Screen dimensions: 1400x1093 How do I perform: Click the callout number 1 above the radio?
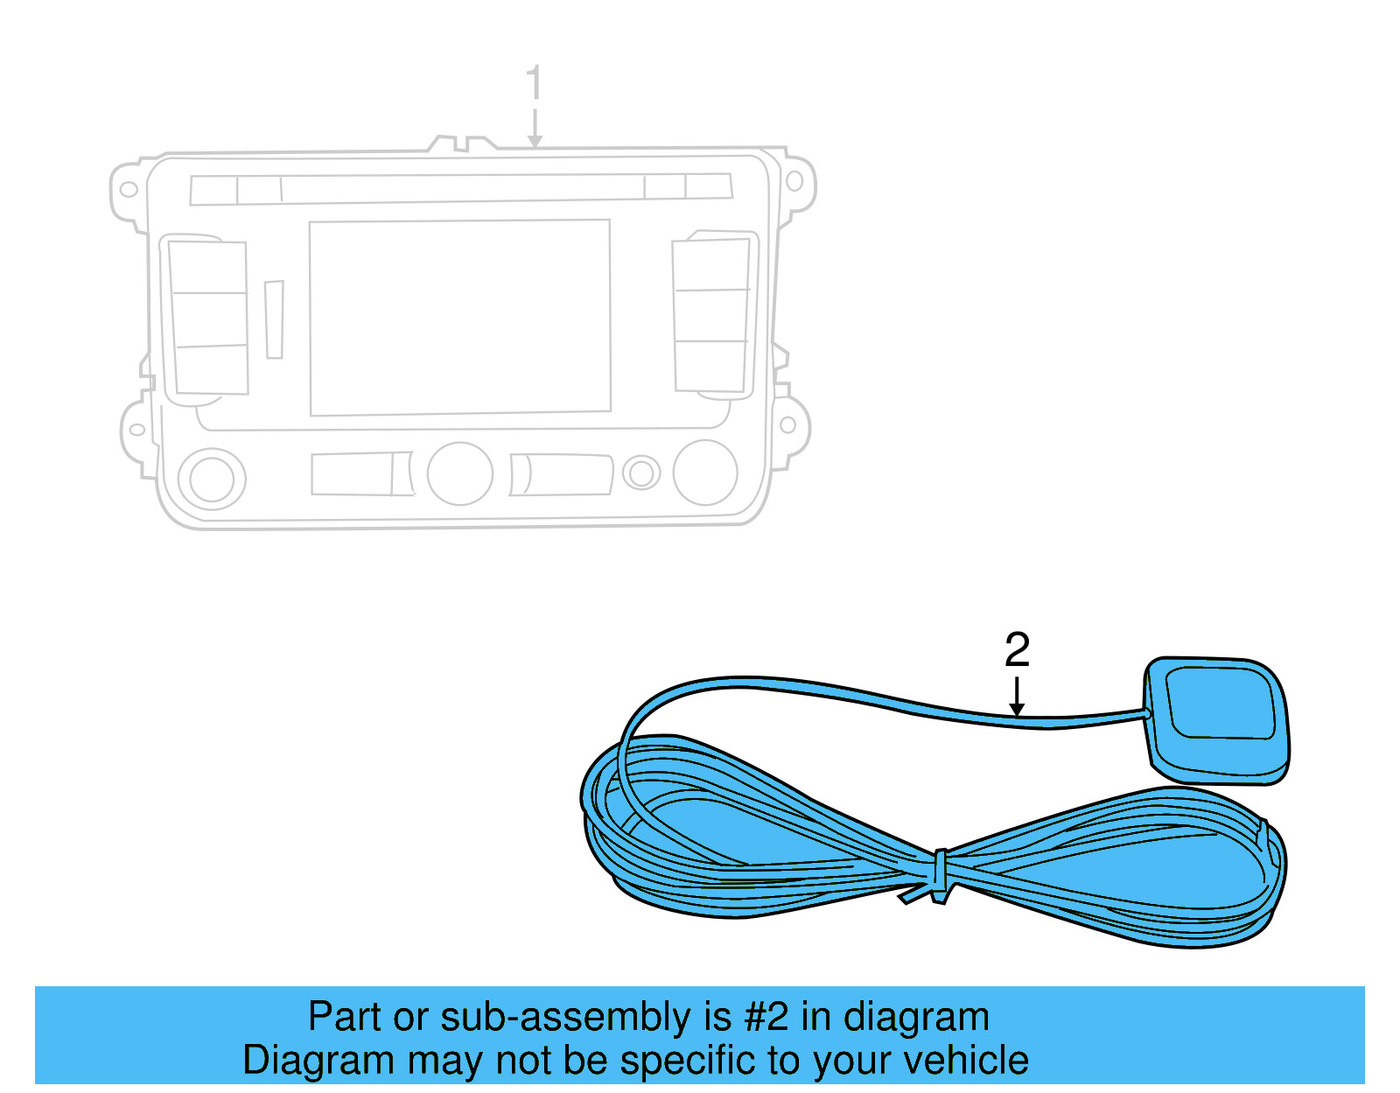tap(534, 84)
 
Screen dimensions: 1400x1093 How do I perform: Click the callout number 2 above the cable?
tap(1017, 650)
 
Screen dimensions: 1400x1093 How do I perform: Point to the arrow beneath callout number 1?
tap(535, 128)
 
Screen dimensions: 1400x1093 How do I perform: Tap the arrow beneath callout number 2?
tap(1017, 697)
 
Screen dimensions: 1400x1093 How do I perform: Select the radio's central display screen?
tap(460, 317)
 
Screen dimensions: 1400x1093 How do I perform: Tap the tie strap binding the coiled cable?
tap(941, 874)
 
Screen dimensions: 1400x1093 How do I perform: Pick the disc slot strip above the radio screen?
tap(461, 189)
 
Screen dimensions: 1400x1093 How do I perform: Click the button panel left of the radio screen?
tap(209, 318)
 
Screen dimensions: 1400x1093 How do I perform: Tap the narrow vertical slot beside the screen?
tap(275, 319)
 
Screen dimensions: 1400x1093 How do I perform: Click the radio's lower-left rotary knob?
tap(212, 480)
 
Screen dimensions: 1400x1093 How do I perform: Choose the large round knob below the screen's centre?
tap(459, 473)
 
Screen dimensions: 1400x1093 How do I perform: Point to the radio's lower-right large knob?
tap(705, 473)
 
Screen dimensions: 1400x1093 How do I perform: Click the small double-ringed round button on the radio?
tap(641, 473)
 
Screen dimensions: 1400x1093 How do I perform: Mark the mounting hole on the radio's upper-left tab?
tap(129, 189)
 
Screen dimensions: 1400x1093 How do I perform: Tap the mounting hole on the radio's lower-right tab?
tap(787, 425)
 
